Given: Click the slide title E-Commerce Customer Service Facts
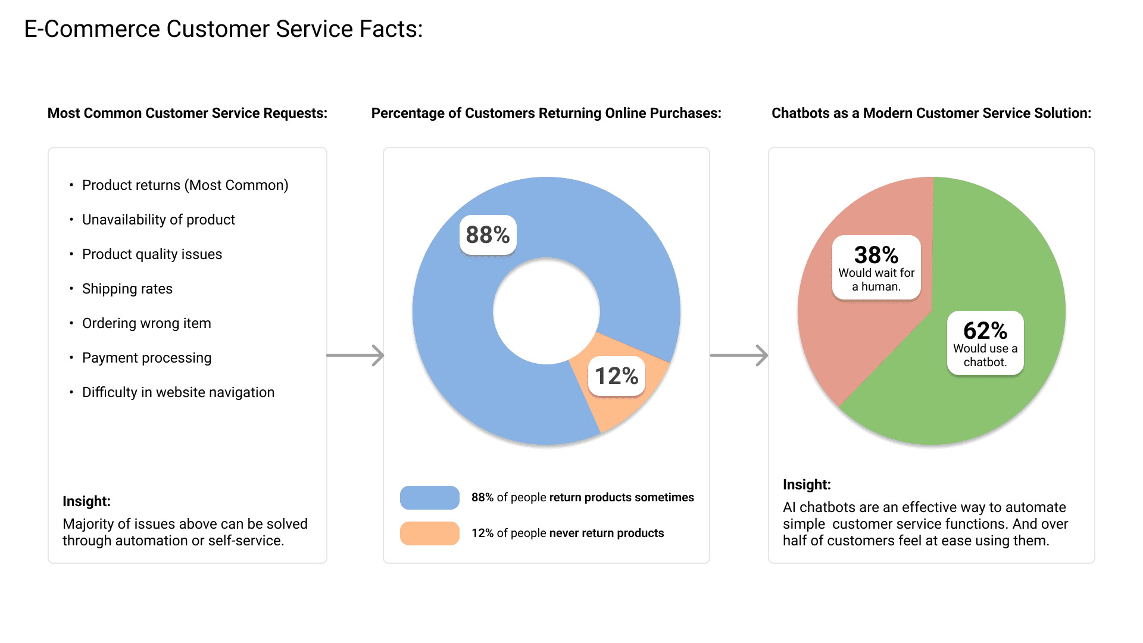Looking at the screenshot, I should point(223,29).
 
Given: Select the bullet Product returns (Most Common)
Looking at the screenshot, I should point(185,185).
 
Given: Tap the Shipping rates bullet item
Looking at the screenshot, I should point(127,289).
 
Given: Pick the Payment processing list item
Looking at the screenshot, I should point(146,358).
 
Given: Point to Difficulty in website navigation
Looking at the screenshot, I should point(178,392).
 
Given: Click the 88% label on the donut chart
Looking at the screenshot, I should point(488,235).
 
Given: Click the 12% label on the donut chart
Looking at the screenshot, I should point(616,376).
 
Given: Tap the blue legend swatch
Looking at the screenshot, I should point(429,498).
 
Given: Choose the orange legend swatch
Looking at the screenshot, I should point(429,533).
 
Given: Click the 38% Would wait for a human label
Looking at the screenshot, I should point(876,267).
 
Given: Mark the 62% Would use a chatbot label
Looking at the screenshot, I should point(985,343).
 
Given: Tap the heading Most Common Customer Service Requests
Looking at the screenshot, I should point(187,113).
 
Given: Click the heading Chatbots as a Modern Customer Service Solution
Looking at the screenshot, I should point(931,113).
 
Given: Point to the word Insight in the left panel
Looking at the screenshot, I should point(86,501).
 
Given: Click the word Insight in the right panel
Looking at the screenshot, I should point(807,485).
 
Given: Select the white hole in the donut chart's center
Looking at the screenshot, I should point(546,311).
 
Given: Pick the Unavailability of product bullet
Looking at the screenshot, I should point(158,220).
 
